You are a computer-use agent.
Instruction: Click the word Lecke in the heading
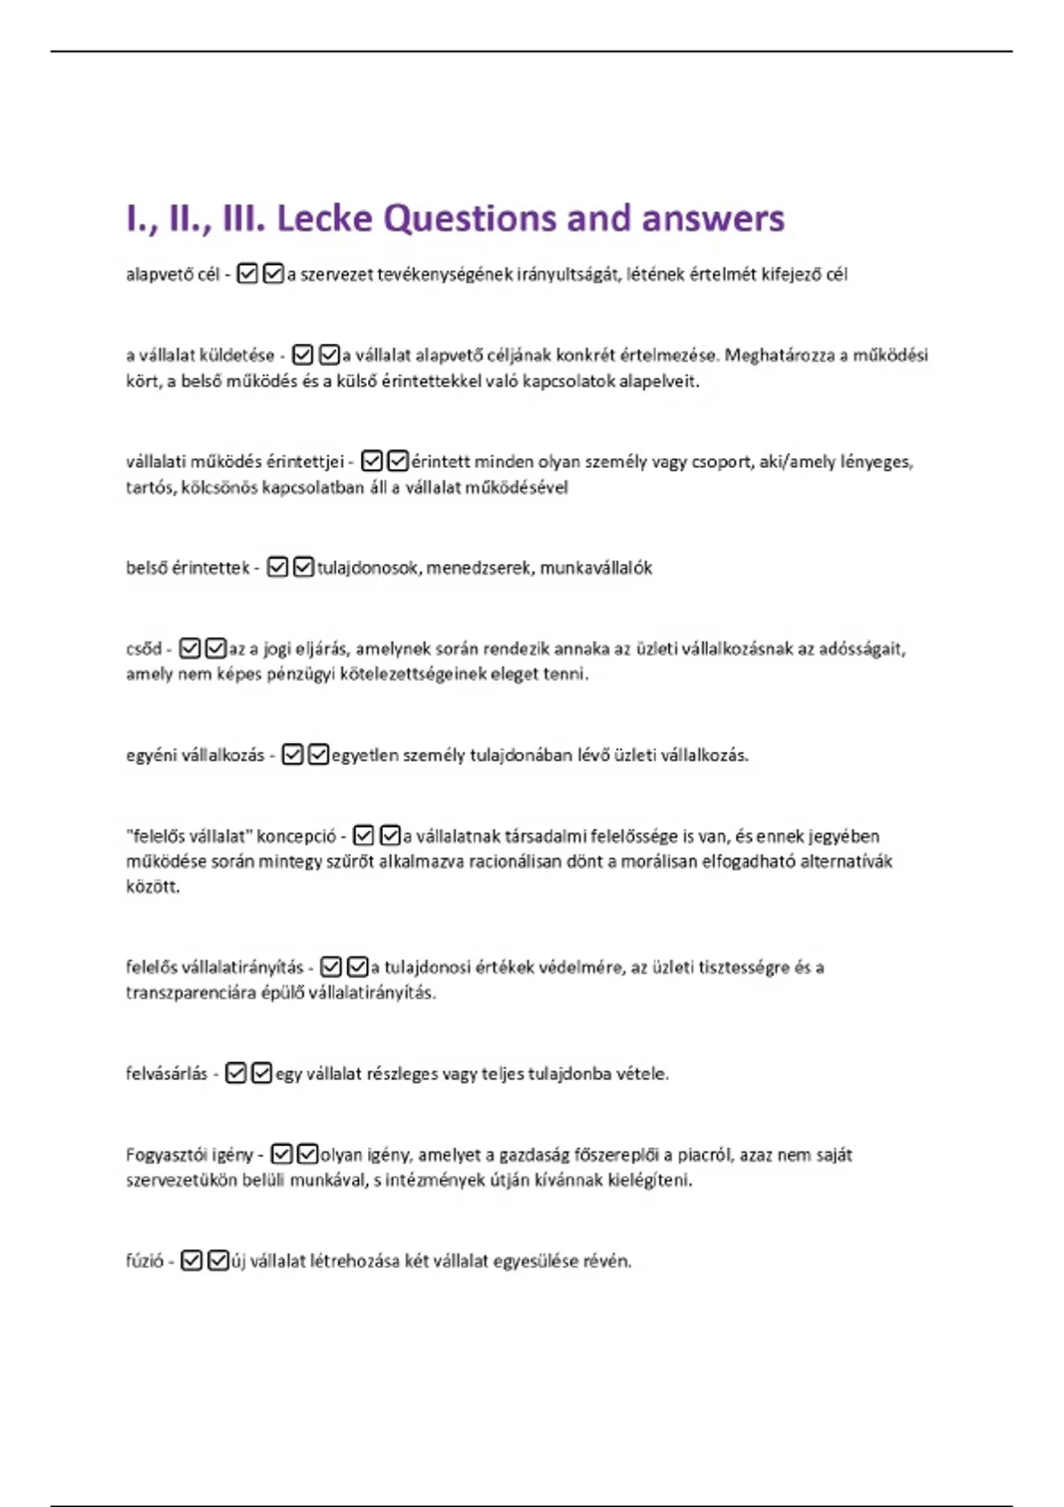pos(325,219)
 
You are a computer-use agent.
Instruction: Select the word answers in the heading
pos(713,219)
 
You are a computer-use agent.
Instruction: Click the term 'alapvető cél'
pos(173,275)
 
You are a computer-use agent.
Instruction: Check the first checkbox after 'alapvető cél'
pos(247,274)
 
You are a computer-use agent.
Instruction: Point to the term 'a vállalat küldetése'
pos(200,355)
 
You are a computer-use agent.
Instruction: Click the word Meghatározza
pos(779,355)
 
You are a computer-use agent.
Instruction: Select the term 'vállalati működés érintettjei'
pos(235,462)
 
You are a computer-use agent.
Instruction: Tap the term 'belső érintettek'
pos(188,568)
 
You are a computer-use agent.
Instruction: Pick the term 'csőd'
pos(144,649)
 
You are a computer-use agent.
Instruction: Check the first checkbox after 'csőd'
pos(190,648)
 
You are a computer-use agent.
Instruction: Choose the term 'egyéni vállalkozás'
pos(195,755)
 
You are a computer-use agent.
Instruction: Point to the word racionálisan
pos(519,862)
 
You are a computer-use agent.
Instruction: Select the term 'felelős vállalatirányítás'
pos(215,967)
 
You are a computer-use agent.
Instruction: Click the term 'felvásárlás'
pos(167,1074)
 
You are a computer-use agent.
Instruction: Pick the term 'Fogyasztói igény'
pos(190,1155)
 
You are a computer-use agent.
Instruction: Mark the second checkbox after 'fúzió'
pos(218,1261)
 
